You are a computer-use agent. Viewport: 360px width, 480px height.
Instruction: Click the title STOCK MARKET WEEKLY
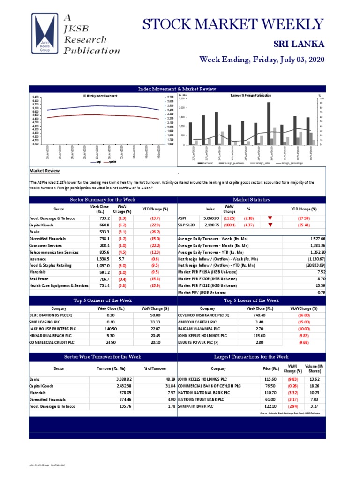pyautogui.click(x=232, y=24)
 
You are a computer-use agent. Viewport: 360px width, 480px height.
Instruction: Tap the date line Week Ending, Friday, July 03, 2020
pyautogui.click(x=262, y=60)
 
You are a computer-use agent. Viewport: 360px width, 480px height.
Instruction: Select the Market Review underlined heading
pyautogui.click(x=45, y=171)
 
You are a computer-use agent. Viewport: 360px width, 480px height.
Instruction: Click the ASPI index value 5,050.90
pyautogui.click(x=211, y=218)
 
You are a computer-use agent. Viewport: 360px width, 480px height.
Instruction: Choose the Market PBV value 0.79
pyautogui.click(x=321, y=292)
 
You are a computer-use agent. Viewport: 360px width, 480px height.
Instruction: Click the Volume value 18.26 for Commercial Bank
pyautogui.click(x=314, y=386)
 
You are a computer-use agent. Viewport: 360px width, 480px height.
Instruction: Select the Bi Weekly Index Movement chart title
pyautogui.click(x=100, y=96)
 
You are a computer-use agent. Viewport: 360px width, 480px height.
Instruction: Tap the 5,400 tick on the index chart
pyautogui.click(x=36, y=97)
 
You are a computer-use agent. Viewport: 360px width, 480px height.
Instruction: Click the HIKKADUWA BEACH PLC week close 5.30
pyautogui.click(x=111, y=336)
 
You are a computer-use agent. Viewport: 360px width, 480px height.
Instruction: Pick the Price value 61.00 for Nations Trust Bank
pyautogui.click(x=269, y=399)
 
